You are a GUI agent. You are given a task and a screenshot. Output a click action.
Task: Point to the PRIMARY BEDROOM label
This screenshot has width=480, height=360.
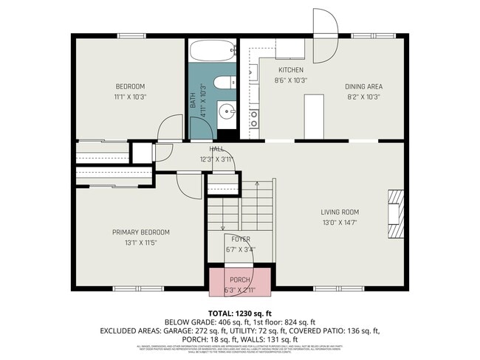(140, 232)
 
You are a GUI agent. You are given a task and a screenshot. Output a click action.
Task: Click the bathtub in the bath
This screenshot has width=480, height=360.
(212, 52)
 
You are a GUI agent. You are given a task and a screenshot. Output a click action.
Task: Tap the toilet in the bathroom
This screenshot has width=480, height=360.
(222, 83)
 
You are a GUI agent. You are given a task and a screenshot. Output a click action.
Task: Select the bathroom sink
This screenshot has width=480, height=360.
(225, 112)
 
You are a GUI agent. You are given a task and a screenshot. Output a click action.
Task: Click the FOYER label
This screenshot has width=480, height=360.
(241, 239)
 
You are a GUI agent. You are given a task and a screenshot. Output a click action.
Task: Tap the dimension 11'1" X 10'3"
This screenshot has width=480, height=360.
(131, 96)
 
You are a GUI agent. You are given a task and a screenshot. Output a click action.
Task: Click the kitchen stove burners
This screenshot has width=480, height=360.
(253, 119)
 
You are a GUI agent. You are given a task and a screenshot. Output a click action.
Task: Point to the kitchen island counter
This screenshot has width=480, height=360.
(314, 117)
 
